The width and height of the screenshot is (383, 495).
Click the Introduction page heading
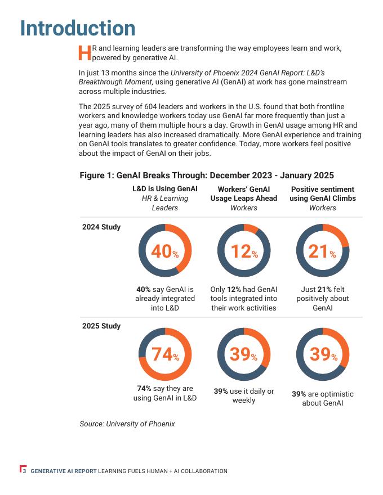(x=78, y=28)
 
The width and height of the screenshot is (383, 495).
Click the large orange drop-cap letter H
(x=84, y=53)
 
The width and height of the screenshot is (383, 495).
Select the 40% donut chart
(x=165, y=251)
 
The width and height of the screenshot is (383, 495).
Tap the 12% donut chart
(x=244, y=251)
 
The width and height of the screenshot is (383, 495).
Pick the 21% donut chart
(x=323, y=251)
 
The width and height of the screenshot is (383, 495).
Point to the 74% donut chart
(x=165, y=354)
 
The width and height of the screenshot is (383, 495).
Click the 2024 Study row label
(x=101, y=227)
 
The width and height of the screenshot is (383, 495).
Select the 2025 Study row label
(x=101, y=326)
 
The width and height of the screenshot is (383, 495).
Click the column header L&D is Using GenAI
(x=165, y=189)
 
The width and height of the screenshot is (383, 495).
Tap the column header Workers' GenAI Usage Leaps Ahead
(x=244, y=193)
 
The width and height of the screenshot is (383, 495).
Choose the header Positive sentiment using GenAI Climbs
(x=323, y=193)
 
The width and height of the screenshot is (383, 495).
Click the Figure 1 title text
(x=207, y=175)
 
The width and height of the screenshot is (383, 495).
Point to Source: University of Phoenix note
(x=127, y=424)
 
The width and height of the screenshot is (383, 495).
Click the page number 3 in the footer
(x=24, y=471)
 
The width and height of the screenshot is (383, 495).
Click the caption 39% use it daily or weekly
(x=244, y=395)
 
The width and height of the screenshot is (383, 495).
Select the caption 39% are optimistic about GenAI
(x=323, y=398)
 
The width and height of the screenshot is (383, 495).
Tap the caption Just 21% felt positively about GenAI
(x=323, y=299)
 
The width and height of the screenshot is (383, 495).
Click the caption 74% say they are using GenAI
(x=165, y=393)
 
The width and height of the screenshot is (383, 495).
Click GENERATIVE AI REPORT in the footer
(x=64, y=471)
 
